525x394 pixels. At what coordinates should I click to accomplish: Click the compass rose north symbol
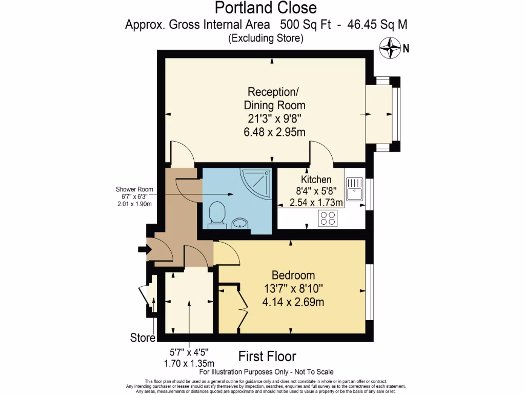tap(390, 49)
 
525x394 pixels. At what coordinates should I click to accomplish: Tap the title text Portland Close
tap(265, 8)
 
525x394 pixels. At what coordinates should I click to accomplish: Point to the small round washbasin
tap(239, 223)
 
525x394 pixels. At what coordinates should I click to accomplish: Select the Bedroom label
tap(293, 275)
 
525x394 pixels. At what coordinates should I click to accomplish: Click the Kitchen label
tap(316, 180)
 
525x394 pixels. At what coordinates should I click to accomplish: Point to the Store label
tap(143, 338)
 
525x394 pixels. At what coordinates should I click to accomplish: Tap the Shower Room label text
tap(134, 189)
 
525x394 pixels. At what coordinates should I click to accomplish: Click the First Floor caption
tap(267, 356)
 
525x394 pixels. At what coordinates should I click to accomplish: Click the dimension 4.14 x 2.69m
tap(293, 302)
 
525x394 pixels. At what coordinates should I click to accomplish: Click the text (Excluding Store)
tap(266, 37)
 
